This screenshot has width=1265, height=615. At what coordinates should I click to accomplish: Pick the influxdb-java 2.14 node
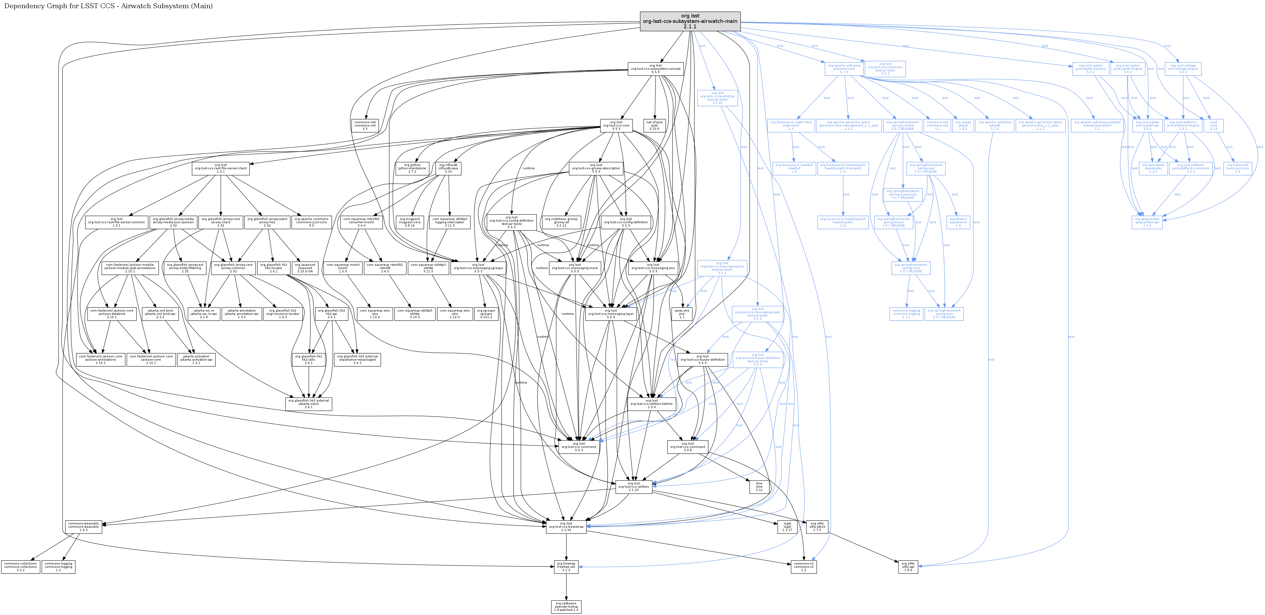click(448, 168)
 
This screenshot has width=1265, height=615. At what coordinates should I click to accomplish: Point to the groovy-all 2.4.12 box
click(561, 222)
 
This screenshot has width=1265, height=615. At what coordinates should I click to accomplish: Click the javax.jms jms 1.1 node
click(682, 314)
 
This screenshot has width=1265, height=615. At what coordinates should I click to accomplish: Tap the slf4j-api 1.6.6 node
click(908, 567)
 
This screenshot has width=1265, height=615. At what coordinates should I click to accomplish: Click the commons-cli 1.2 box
click(803, 567)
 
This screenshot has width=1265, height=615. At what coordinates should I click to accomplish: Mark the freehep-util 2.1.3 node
click(566, 567)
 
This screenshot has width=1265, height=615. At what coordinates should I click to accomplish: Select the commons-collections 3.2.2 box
click(20, 567)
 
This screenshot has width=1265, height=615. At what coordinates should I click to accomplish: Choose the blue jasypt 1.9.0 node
click(962, 126)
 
